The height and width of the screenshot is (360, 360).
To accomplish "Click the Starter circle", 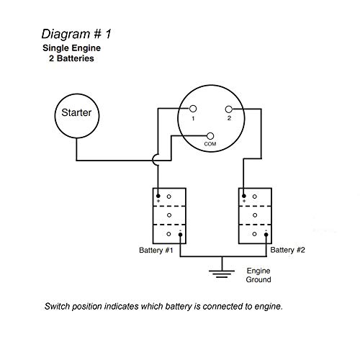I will [x=76, y=114].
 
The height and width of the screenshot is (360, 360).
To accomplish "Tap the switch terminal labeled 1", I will [x=192, y=109].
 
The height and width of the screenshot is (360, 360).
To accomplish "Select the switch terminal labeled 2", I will [x=230, y=109].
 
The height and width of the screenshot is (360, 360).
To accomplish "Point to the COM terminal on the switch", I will [x=210, y=135].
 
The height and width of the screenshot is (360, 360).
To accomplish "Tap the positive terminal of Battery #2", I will [x=245, y=195].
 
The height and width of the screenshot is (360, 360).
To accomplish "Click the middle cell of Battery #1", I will [x=169, y=215].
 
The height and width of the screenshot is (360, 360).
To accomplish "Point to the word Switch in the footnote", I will [x=60, y=305].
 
